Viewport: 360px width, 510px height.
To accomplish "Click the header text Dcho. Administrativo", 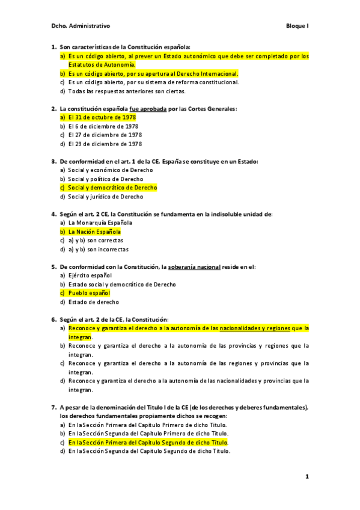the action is pos(81,26).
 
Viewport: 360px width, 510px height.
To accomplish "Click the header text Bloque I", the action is pos(297,26).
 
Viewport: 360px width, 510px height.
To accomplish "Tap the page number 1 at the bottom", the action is pos(307,477).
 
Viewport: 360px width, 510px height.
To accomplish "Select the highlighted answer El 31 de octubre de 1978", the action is pos(102,117).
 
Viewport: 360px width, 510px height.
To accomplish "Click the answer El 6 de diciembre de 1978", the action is pos(103,126).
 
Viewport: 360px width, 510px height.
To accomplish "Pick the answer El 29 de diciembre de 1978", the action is pos(105,144).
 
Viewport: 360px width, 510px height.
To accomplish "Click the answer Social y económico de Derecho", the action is pos(106,170).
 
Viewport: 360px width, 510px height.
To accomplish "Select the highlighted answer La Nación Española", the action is pos(94,232).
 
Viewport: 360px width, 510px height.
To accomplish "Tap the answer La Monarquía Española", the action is pos(100,223).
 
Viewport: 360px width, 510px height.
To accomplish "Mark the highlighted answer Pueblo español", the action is pos(89,293).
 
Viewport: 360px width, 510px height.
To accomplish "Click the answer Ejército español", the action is pos(90,275).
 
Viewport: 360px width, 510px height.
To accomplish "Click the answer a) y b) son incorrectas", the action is pos(98,249).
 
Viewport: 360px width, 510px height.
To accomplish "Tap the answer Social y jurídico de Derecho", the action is pos(105,197).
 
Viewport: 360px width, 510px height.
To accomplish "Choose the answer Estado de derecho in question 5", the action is pos(93,302).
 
